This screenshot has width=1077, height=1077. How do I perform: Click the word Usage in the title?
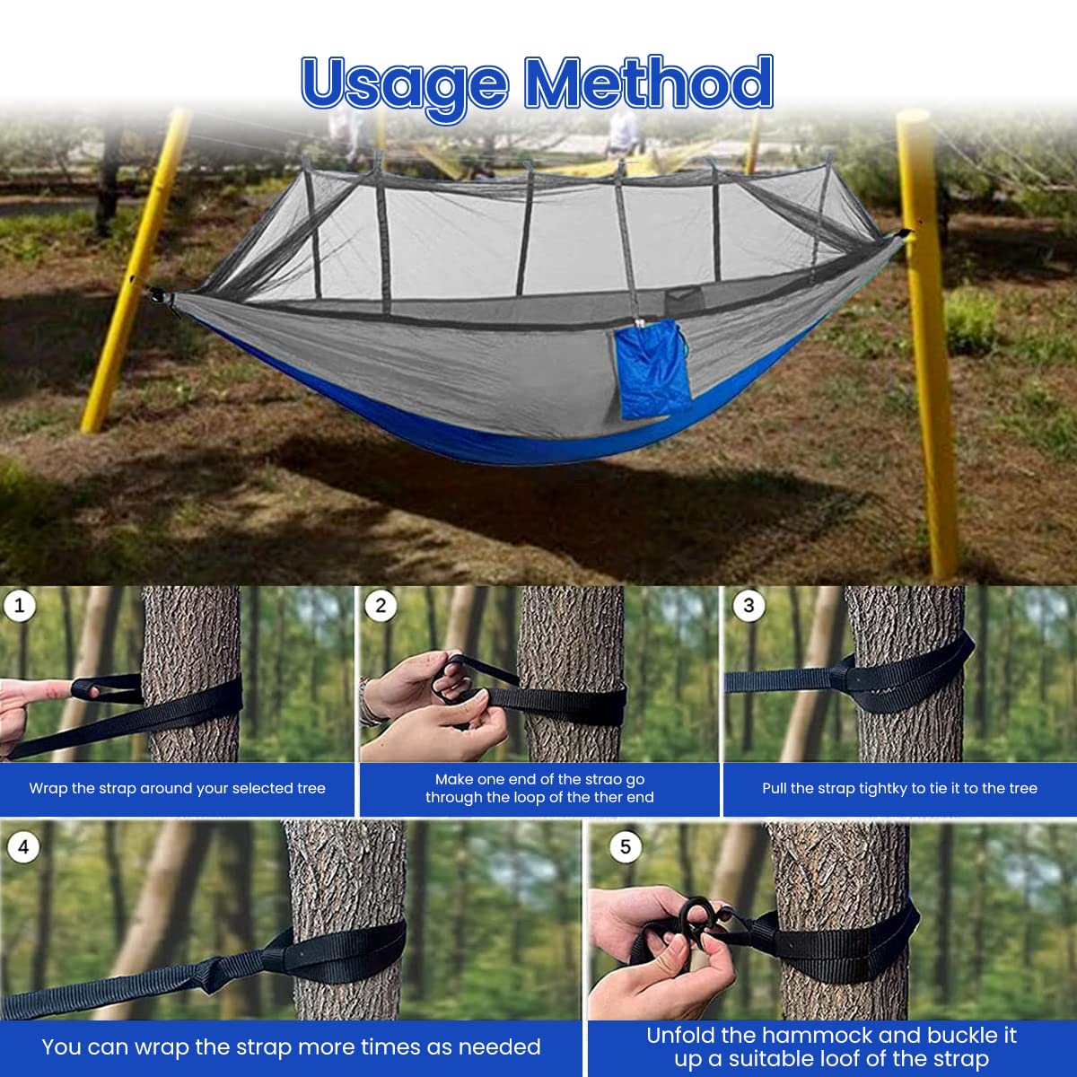[x=404, y=83]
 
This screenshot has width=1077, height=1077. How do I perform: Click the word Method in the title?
[x=648, y=83]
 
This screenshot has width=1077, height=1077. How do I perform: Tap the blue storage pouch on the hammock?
[x=652, y=370]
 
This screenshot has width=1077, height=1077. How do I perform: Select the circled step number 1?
[x=20, y=606]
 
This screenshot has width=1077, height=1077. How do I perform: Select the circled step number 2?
[x=381, y=606]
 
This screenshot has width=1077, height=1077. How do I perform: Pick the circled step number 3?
[x=749, y=606]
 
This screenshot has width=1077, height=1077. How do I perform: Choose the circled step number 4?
[x=22, y=846]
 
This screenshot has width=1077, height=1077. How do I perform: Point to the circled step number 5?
[x=625, y=846]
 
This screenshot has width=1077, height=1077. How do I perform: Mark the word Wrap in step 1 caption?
[x=48, y=788]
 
